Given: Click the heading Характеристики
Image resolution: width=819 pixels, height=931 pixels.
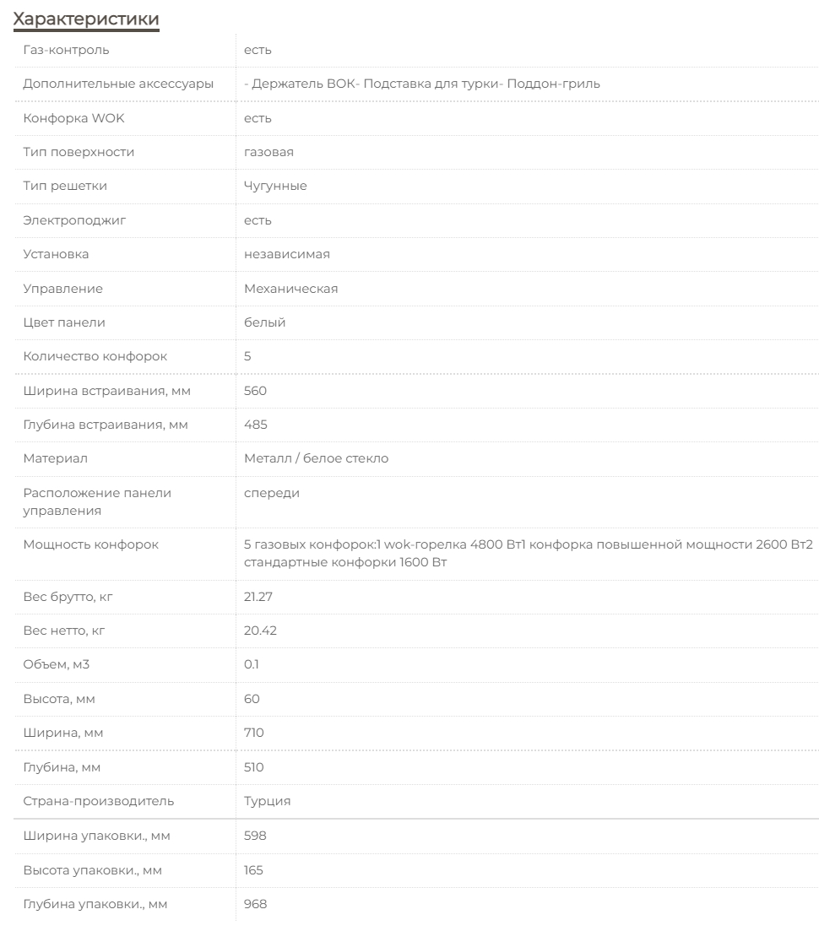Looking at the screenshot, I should (86, 18).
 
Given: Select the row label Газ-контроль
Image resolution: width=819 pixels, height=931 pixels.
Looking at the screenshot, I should (66, 50).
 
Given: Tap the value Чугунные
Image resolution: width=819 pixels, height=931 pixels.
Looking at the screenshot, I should (275, 186).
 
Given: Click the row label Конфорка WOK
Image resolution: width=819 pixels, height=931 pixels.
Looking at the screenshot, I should (73, 118).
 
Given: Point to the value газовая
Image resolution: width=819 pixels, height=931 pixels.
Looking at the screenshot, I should (268, 152).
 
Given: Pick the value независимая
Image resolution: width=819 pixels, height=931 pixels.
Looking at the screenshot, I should (286, 254).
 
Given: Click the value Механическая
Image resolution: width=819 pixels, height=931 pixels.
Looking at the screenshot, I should (290, 289).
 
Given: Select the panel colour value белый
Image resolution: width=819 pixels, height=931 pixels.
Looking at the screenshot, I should (264, 322).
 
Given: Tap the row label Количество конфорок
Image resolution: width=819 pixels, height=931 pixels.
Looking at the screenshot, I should (95, 356).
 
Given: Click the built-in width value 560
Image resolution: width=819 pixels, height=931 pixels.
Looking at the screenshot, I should (255, 391).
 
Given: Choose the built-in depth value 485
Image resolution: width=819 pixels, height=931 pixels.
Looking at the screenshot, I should (255, 425).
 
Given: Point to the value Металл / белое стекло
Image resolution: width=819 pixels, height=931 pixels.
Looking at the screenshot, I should (316, 458).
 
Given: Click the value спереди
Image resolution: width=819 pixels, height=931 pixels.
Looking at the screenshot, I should (271, 493).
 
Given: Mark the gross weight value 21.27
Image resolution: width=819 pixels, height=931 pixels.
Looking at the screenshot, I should (258, 597).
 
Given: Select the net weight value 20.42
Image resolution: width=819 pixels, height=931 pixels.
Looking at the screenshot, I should (258, 631).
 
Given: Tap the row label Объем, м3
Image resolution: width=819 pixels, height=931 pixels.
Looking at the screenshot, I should (56, 664).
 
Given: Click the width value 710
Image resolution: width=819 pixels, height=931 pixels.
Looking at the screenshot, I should (253, 733).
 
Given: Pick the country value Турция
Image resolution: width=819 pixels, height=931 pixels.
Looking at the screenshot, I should (267, 801).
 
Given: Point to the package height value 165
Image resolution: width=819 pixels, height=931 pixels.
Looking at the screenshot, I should (253, 869).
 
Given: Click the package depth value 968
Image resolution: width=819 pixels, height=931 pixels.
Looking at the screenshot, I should (255, 904).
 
